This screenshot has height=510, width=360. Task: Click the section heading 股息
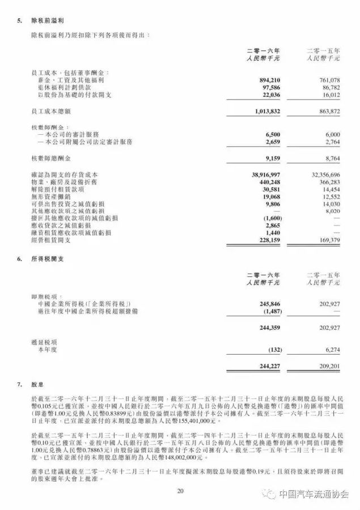tap(37, 385)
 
